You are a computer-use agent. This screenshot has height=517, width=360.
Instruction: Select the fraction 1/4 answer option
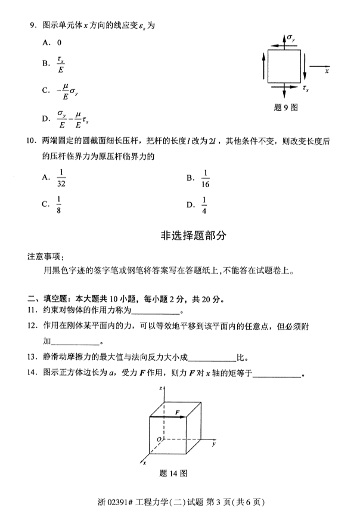click(x=204, y=205)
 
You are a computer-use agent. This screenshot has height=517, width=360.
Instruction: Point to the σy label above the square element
click(x=290, y=39)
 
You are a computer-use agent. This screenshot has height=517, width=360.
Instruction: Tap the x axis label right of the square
click(x=328, y=70)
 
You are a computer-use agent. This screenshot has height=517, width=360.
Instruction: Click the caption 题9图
click(x=285, y=107)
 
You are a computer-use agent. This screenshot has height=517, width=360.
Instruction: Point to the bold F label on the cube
click(x=177, y=411)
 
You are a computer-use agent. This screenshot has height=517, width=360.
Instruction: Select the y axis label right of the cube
click(x=213, y=444)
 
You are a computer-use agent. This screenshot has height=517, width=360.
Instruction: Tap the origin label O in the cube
click(x=159, y=438)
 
